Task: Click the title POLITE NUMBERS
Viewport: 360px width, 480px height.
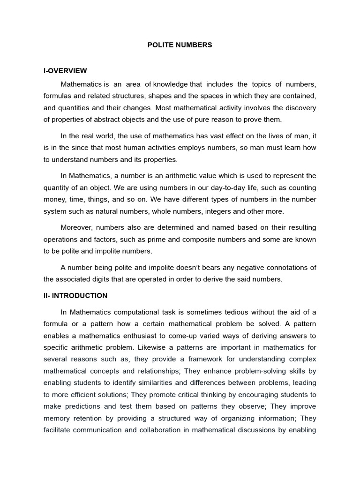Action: [180, 45]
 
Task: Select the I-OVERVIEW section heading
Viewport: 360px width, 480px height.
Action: [65, 71]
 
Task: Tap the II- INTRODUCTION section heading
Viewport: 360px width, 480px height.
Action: [75, 296]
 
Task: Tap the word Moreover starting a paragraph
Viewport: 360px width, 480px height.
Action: [76, 227]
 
